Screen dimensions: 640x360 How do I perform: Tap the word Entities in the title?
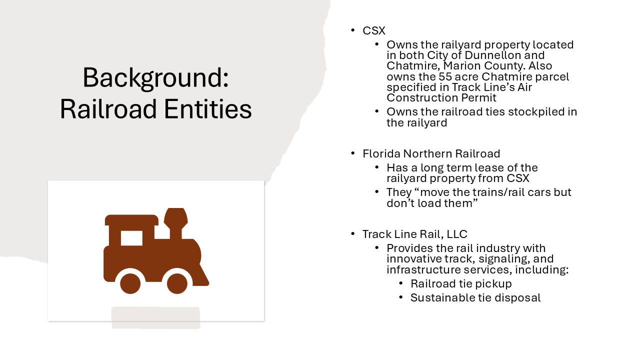coord(208,109)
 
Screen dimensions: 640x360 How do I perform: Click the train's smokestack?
coord(175,223)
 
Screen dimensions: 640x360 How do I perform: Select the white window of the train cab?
coord(131,238)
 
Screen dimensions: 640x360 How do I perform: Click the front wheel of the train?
coord(177,283)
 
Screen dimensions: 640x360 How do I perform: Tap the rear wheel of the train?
coord(130,283)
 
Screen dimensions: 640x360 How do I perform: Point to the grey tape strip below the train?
coord(155,317)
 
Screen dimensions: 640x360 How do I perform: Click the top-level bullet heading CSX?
coord(373,31)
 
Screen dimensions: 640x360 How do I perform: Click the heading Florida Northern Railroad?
coord(431,153)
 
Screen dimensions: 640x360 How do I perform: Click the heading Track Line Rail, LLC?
coord(415,234)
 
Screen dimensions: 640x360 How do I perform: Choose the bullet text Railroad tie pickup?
coord(461,283)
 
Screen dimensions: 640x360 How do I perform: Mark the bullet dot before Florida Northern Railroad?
coord(353,153)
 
